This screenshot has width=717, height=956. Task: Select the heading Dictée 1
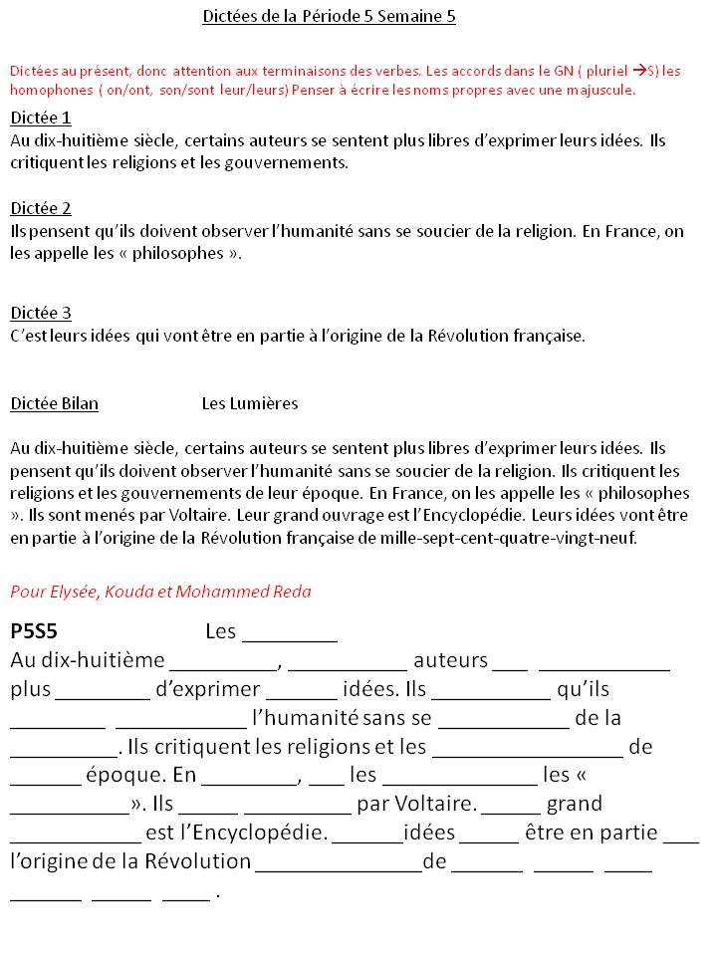pos(40,118)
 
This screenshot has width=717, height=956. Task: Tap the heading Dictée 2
pos(40,208)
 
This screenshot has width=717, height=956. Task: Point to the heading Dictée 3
pos(40,313)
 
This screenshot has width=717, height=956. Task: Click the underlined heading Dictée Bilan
pos(54,403)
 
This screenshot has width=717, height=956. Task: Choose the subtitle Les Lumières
pos(250,403)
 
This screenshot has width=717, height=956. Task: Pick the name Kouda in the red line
pos(128,591)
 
